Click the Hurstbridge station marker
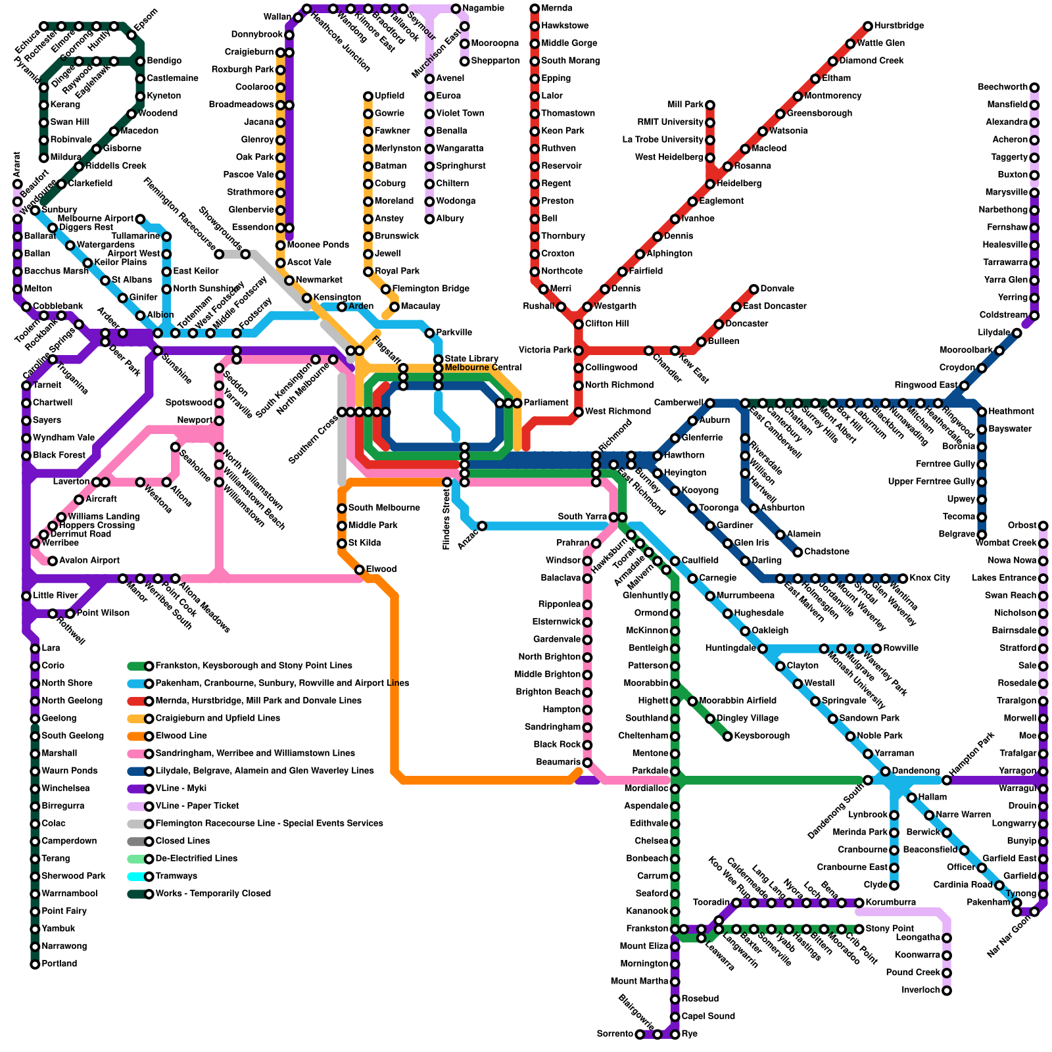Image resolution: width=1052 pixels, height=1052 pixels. click(x=868, y=26)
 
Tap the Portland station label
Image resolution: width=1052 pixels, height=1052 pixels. click(x=59, y=964)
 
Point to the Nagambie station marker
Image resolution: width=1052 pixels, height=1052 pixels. click(x=456, y=9)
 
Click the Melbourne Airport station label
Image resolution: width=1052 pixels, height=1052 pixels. click(x=95, y=219)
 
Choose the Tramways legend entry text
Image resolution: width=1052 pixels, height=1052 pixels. click(x=176, y=876)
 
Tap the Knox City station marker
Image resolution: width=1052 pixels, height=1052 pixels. click(x=903, y=579)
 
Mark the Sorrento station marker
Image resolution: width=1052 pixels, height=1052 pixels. click(x=640, y=1035)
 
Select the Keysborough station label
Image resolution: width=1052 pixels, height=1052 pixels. click(x=762, y=736)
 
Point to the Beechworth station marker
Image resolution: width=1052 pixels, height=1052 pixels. click(x=1034, y=87)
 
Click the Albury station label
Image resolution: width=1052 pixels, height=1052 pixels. click(x=450, y=219)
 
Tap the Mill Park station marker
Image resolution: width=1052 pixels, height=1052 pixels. click(x=710, y=105)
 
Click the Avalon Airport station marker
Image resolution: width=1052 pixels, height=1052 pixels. click(x=53, y=561)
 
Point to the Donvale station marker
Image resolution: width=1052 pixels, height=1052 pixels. click(x=754, y=289)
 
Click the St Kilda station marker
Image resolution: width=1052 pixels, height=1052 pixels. click(x=342, y=543)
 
